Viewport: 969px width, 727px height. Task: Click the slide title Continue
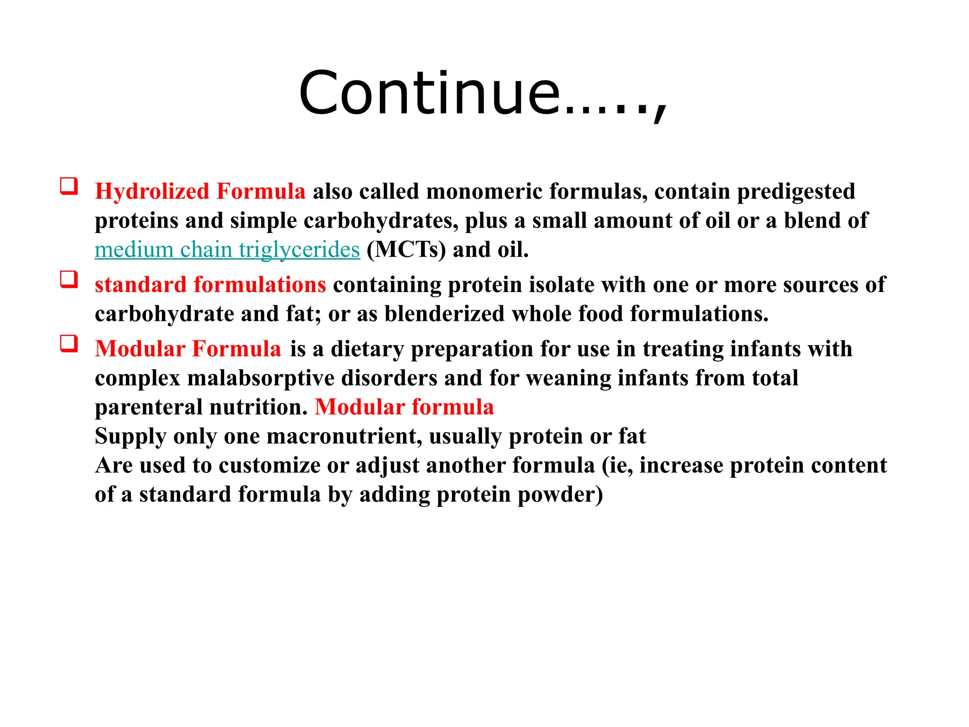click(483, 93)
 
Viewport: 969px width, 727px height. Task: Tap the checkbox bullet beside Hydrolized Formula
click(69, 186)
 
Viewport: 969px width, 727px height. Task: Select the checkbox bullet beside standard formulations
click(69, 279)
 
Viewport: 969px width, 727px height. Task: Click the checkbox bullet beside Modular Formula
click(69, 344)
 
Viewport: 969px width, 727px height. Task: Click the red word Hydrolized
click(152, 192)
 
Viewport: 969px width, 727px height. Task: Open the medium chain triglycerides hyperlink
click(227, 250)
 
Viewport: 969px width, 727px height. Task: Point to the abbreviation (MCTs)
click(406, 250)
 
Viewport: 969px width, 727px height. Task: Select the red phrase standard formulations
click(210, 285)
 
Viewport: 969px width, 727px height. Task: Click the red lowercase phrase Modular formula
click(404, 407)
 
